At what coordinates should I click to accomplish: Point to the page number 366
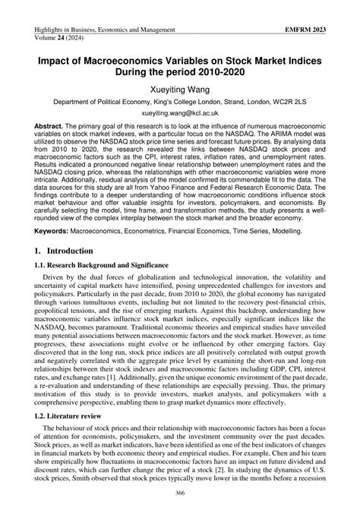[x=180, y=495]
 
